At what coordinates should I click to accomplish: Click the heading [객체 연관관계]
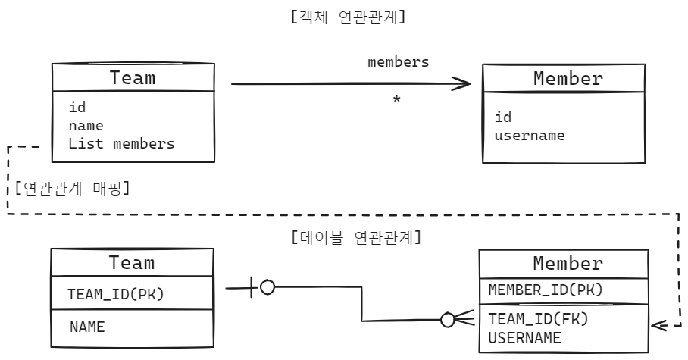348,17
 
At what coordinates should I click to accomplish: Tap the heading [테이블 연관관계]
356,237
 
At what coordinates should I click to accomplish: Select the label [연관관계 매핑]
73,189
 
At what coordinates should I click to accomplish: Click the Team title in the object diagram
133,78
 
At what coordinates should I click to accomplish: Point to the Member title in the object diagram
568,79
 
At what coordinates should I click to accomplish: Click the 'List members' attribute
121,143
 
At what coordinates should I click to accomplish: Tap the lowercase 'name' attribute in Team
86,126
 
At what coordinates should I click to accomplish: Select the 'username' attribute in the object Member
530,136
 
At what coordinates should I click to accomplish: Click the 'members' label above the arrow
399,62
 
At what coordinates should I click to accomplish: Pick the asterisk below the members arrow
396,99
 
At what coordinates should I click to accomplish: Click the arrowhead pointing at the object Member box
466,83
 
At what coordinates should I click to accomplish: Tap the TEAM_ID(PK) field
115,294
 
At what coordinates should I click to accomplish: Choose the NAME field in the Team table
87,327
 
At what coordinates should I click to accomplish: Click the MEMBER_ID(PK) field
546,290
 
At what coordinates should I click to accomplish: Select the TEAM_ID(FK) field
539,319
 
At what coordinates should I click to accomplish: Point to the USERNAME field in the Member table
525,337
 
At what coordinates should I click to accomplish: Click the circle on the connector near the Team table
267,287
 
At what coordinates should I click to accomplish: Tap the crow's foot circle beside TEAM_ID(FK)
447,320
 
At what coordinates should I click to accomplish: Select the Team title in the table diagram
132,262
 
